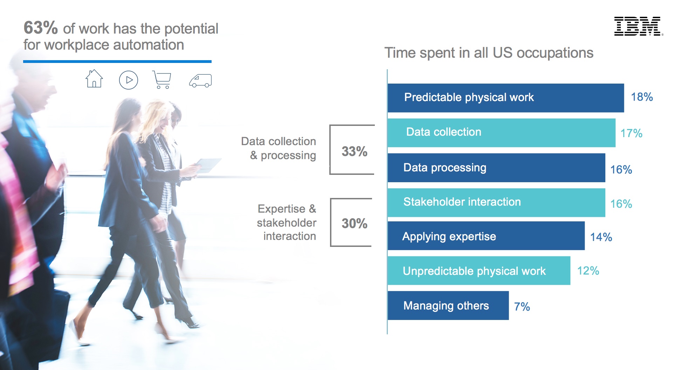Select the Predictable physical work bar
point(505,98)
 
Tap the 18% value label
point(642,97)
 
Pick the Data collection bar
point(501,133)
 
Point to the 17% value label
point(631,133)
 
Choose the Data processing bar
point(496,168)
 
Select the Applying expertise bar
point(486,236)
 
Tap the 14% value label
point(601,237)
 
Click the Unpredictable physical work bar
point(479,271)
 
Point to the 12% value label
point(588,271)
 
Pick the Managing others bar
point(448,306)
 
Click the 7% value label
point(522,307)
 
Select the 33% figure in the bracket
point(355,151)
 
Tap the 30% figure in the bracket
point(355,223)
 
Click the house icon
point(94,79)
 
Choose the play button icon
point(129,80)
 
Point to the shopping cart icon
point(162,80)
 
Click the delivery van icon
point(200,81)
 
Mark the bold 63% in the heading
point(41,28)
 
